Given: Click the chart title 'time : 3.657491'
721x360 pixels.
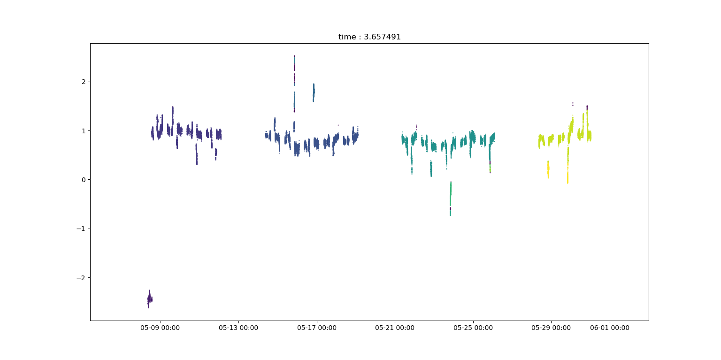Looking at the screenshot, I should pyautogui.click(x=369, y=37).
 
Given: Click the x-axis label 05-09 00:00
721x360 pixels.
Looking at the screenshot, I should pyautogui.click(x=160, y=328).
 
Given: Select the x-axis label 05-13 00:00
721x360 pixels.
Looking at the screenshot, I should pyautogui.click(x=238, y=328).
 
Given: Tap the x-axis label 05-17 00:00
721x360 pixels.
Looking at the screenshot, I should pyautogui.click(x=316, y=328).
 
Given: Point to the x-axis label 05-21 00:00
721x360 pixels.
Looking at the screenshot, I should pyautogui.click(x=395, y=328).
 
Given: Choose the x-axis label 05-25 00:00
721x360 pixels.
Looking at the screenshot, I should pyautogui.click(x=473, y=328).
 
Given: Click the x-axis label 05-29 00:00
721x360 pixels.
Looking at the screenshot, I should pyautogui.click(x=551, y=328).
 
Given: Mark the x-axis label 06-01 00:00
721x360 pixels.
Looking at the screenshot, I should pyautogui.click(x=610, y=328).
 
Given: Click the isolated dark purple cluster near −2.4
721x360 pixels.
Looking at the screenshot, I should pyautogui.click(x=149, y=299).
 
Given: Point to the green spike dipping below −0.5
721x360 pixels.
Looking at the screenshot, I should pyautogui.click(x=450, y=199).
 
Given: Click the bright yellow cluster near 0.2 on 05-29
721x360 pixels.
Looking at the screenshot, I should pyautogui.click(x=548, y=169).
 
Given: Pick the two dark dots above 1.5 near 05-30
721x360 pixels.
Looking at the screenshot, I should pyautogui.click(x=573, y=104).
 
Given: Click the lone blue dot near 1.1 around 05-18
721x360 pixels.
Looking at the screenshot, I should pyautogui.click(x=338, y=125).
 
